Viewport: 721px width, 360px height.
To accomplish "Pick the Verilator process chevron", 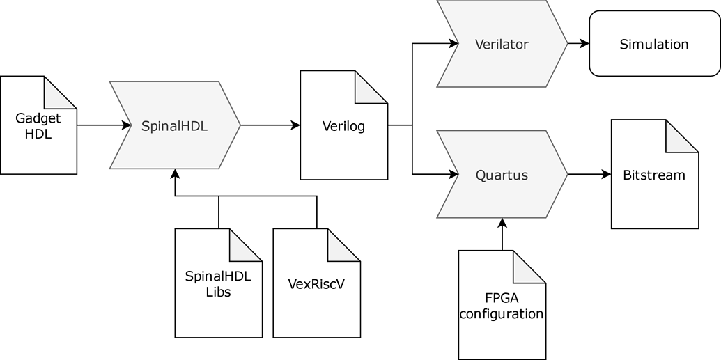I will tap(502, 44).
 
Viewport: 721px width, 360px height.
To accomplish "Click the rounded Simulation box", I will tap(654, 44).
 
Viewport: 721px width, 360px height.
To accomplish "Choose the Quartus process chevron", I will tap(502, 175).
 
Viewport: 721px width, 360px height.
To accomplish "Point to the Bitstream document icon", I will tap(654, 175).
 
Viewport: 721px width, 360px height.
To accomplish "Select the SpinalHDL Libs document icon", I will tap(218, 283).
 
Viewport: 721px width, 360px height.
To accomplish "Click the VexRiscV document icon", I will tap(316, 283).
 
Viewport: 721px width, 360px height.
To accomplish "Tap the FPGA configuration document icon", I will tap(501, 305).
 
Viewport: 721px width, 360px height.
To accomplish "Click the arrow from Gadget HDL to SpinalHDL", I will tap(104, 125).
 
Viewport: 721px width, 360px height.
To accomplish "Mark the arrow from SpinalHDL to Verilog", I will tap(270, 125).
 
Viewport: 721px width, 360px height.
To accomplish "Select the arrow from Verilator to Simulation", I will tap(578, 44).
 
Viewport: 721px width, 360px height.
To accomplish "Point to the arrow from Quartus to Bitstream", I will tap(589, 175).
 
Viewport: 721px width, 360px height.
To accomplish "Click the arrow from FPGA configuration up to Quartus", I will tap(501, 235).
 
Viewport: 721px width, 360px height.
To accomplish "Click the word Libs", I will tap(218, 292).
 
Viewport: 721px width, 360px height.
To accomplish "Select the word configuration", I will tap(501, 313).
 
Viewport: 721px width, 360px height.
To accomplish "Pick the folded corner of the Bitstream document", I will tap(681, 136).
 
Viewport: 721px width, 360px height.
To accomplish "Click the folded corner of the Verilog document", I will tap(371, 86).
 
